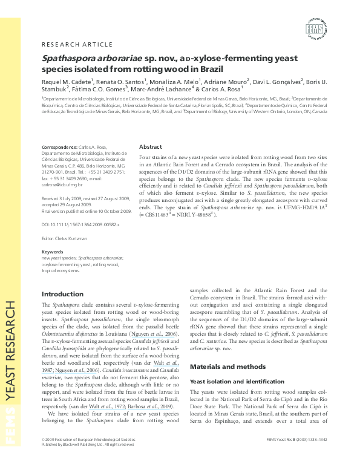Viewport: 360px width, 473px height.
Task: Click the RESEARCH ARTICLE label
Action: tap(77, 44)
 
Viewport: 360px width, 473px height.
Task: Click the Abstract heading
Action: tap(151, 147)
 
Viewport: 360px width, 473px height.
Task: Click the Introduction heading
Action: tap(62, 294)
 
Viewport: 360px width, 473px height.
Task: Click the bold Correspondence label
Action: tap(61, 148)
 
